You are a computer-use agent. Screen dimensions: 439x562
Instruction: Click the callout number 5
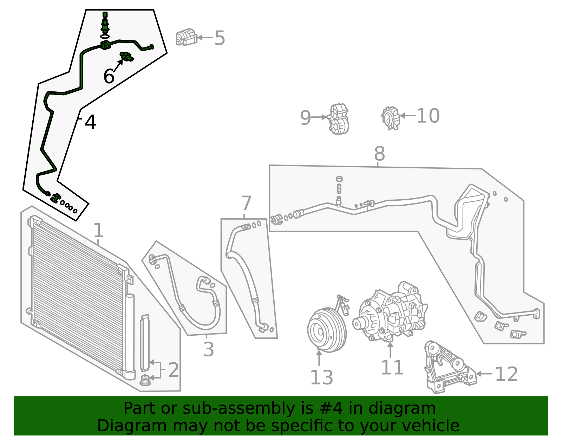click(x=220, y=38)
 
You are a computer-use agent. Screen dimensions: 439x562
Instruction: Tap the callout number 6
click(x=109, y=76)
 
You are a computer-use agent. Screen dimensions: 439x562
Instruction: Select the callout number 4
click(x=90, y=122)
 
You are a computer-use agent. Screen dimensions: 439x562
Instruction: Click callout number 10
click(x=428, y=116)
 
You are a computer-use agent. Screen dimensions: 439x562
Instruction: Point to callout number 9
click(x=305, y=118)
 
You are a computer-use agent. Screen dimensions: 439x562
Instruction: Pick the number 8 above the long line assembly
click(x=379, y=154)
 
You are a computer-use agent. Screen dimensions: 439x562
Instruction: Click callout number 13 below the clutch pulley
click(x=321, y=378)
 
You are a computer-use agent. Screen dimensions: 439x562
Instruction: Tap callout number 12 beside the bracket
click(x=506, y=374)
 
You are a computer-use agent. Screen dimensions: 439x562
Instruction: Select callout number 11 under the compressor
click(x=392, y=368)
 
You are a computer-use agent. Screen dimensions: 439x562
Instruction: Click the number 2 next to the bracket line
click(x=174, y=370)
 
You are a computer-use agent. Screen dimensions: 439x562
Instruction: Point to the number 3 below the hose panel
click(x=209, y=349)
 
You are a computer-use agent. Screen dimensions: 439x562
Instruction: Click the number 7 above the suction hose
click(x=247, y=203)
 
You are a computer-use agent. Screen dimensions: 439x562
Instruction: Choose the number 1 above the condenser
click(x=98, y=231)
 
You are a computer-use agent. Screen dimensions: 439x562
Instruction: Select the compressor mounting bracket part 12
click(x=448, y=369)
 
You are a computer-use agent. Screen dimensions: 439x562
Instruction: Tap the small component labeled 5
click(x=186, y=37)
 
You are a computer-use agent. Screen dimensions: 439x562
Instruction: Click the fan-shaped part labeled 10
click(x=391, y=118)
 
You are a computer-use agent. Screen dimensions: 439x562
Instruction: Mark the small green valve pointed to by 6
click(x=127, y=56)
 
